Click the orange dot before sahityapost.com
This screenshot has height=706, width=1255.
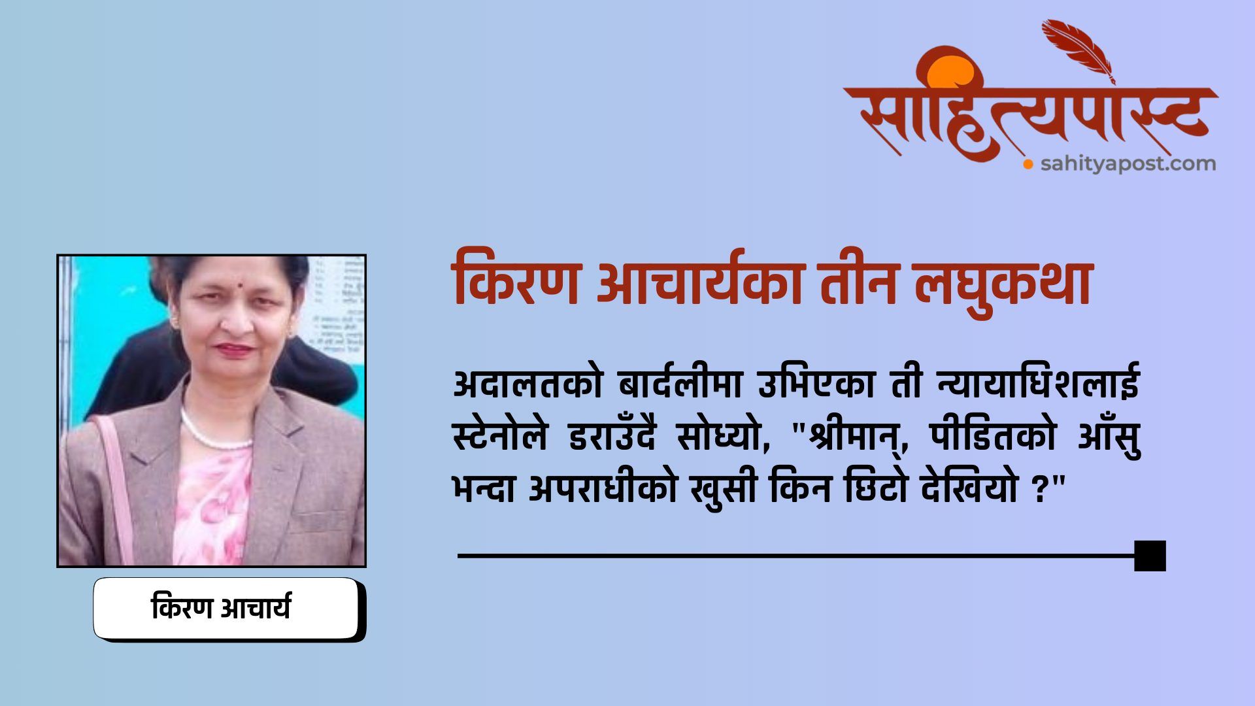click(1028, 164)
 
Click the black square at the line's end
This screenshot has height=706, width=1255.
click(1150, 556)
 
